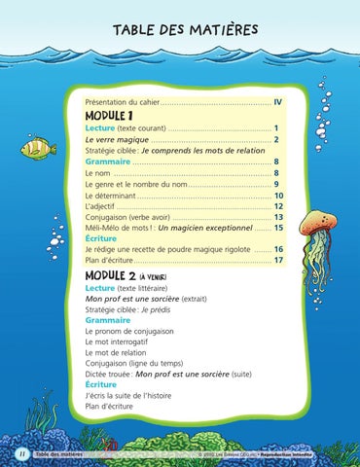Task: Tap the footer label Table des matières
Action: [x=55, y=453]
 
